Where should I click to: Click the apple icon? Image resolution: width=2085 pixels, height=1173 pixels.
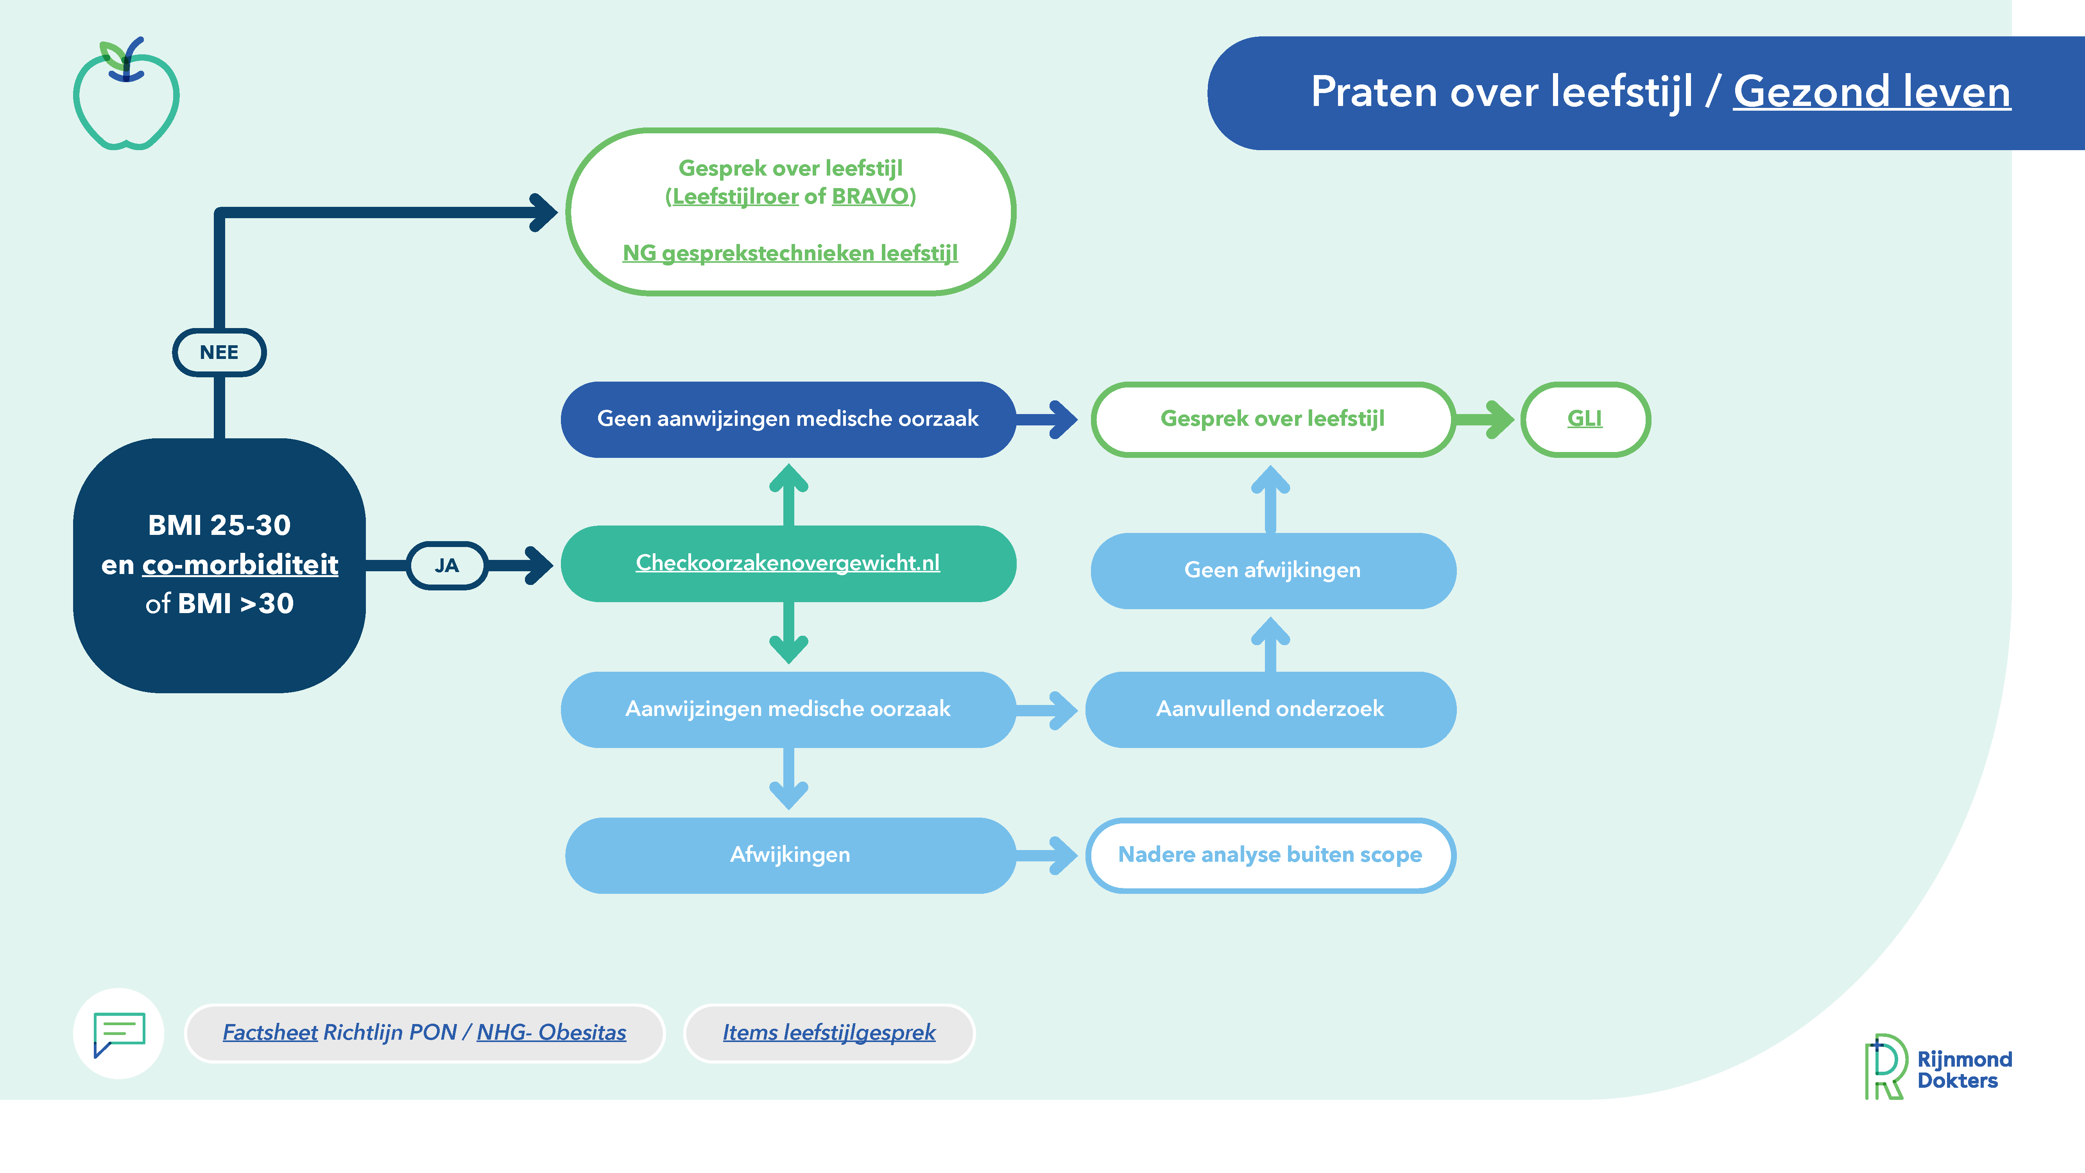[x=126, y=94]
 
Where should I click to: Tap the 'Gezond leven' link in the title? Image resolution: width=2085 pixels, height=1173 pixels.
[x=1871, y=91]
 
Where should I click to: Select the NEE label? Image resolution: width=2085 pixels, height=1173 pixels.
[x=219, y=352]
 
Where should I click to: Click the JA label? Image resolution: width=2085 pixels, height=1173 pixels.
[x=447, y=565]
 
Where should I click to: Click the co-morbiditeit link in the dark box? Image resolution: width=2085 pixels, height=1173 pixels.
[x=240, y=564]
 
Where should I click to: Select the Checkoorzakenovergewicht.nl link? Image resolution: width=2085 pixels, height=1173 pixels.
[x=788, y=563]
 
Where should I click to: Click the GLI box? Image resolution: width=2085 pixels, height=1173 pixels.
[x=1585, y=418]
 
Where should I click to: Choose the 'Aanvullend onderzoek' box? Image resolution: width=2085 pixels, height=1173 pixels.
[x=1271, y=709]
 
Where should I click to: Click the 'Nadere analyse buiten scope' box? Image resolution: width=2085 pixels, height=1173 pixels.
[x=1271, y=855]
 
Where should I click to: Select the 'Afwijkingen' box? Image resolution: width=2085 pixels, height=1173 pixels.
[x=790, y=855]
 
